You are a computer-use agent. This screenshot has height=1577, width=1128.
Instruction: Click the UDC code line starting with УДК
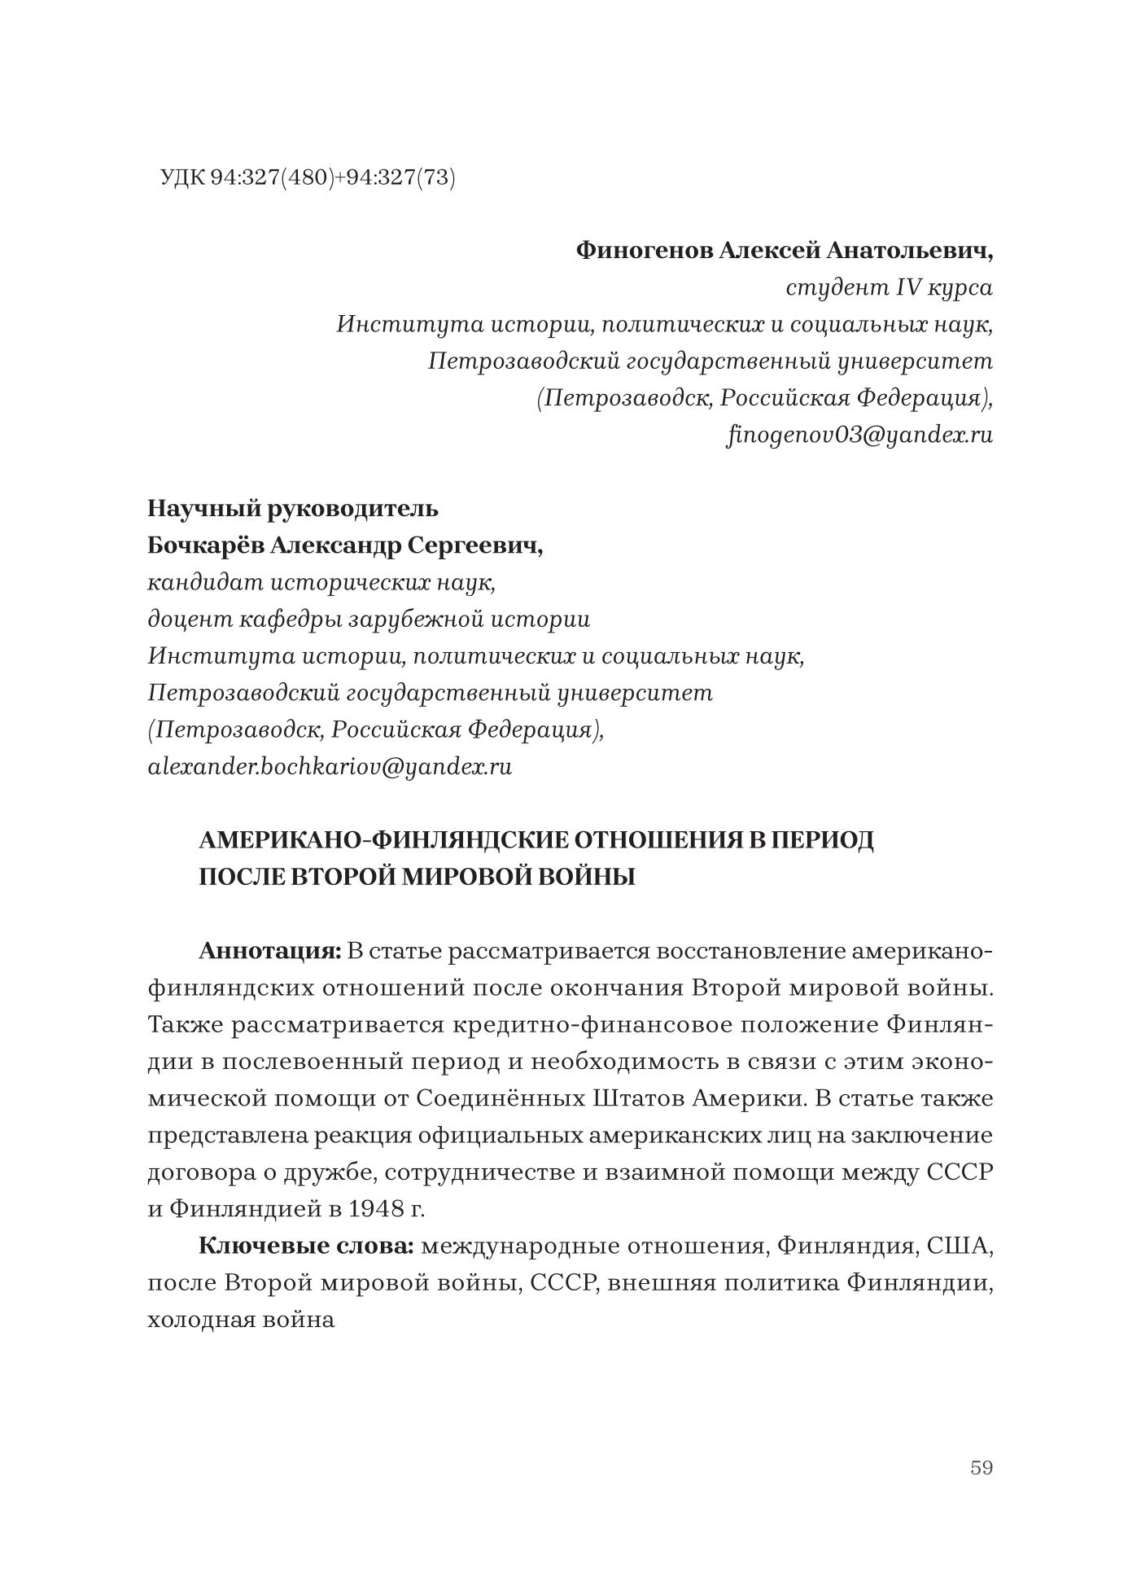coord(308,177)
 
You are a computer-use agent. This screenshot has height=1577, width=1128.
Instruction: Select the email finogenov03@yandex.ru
coord(859,435)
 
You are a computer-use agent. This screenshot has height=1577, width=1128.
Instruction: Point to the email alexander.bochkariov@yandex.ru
coord(330,767)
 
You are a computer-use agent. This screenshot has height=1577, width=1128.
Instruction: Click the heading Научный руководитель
coord(293,509)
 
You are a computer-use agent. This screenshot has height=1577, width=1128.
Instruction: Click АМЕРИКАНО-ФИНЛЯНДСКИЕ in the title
coord(380,840)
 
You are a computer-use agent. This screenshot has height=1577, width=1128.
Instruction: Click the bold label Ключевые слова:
coord(307,1246)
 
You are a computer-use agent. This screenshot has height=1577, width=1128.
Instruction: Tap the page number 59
coord(982,1467)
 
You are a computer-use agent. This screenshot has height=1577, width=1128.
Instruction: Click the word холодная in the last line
coord(199,1320)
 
